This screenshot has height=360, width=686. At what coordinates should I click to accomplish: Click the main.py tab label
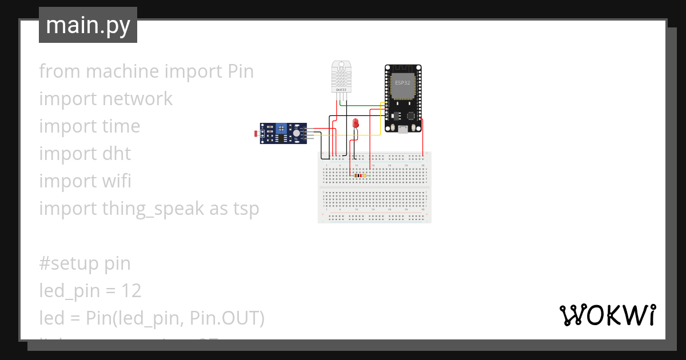(x=87, y=25)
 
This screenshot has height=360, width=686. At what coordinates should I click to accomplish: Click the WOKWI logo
(x=607, y=315)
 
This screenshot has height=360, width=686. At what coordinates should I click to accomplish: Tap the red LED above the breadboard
(x=356, y=123)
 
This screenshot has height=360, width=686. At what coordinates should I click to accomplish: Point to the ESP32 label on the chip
(x=402, y=83)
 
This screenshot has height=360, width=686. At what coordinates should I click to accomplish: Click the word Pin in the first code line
(x=241, y=71)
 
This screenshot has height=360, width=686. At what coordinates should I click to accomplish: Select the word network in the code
(x=137, y=99)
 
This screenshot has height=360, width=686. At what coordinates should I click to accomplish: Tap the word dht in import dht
(x=116, y=154)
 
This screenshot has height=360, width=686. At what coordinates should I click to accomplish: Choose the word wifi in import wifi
(x=117, y=181)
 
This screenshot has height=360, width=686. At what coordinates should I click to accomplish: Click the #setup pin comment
(x=85, y=263)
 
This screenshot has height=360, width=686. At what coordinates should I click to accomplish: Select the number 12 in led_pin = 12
(x=131, y=291)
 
